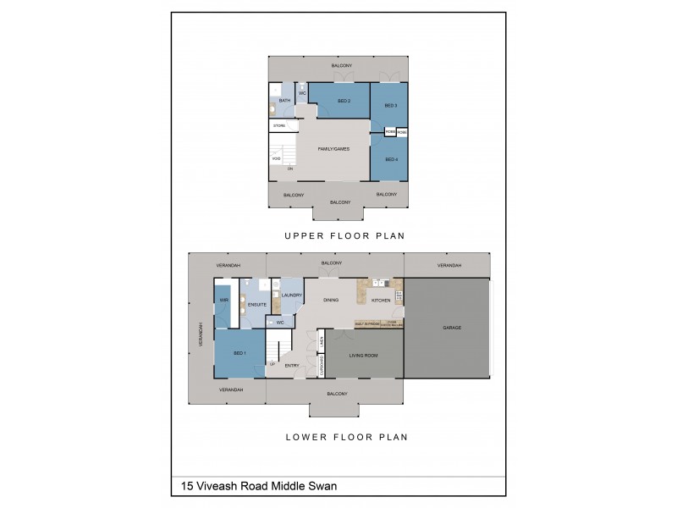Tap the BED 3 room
pyautogui.click(x=390, y=106)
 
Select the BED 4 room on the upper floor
pyautogui.click(x=390, y=160)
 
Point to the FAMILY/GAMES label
pyautogui.click(x=333, y=149)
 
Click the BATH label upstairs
pyautogui.click(x=285, y=101)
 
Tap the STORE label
pyautogui.click(x=278, y=125)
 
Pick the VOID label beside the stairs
pyautogui.click(x=277, y=158)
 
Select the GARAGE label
pyautogui.click(x=452, y=327)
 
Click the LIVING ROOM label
pyautogui.click(x=363, y=356)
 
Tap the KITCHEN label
pyautogui.click(x=380, y=301)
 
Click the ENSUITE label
pyautogui.click(x=257, y=304)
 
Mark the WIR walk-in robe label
pyautogui.click(x=224, y=301)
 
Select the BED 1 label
pyautogui.click(x=239, y=352)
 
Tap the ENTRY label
pyautogui.click(x=292, y=366)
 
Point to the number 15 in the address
pyautogui.click(x=187, y=487)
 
